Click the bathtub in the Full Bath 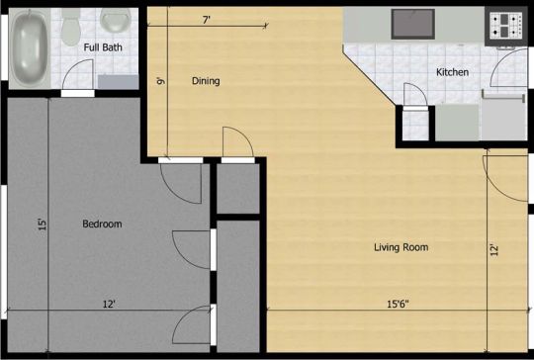coord(30,48)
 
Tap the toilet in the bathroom coord(71,28)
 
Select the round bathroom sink coord(116,21)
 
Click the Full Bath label coord(103,47)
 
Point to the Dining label coord(206,81)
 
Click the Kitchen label coord(452,72)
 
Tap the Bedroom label coord(102,224)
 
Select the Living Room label coord(401,247)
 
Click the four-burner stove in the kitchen coord(505,26)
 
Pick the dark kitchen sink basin coord(412,24)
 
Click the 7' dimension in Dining coord(207,20)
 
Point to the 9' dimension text coord(160,81)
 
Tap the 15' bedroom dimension coord(43,225)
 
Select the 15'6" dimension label coord(398,304)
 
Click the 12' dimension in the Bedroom coord(109,304)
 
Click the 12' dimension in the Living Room coord(494,250)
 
